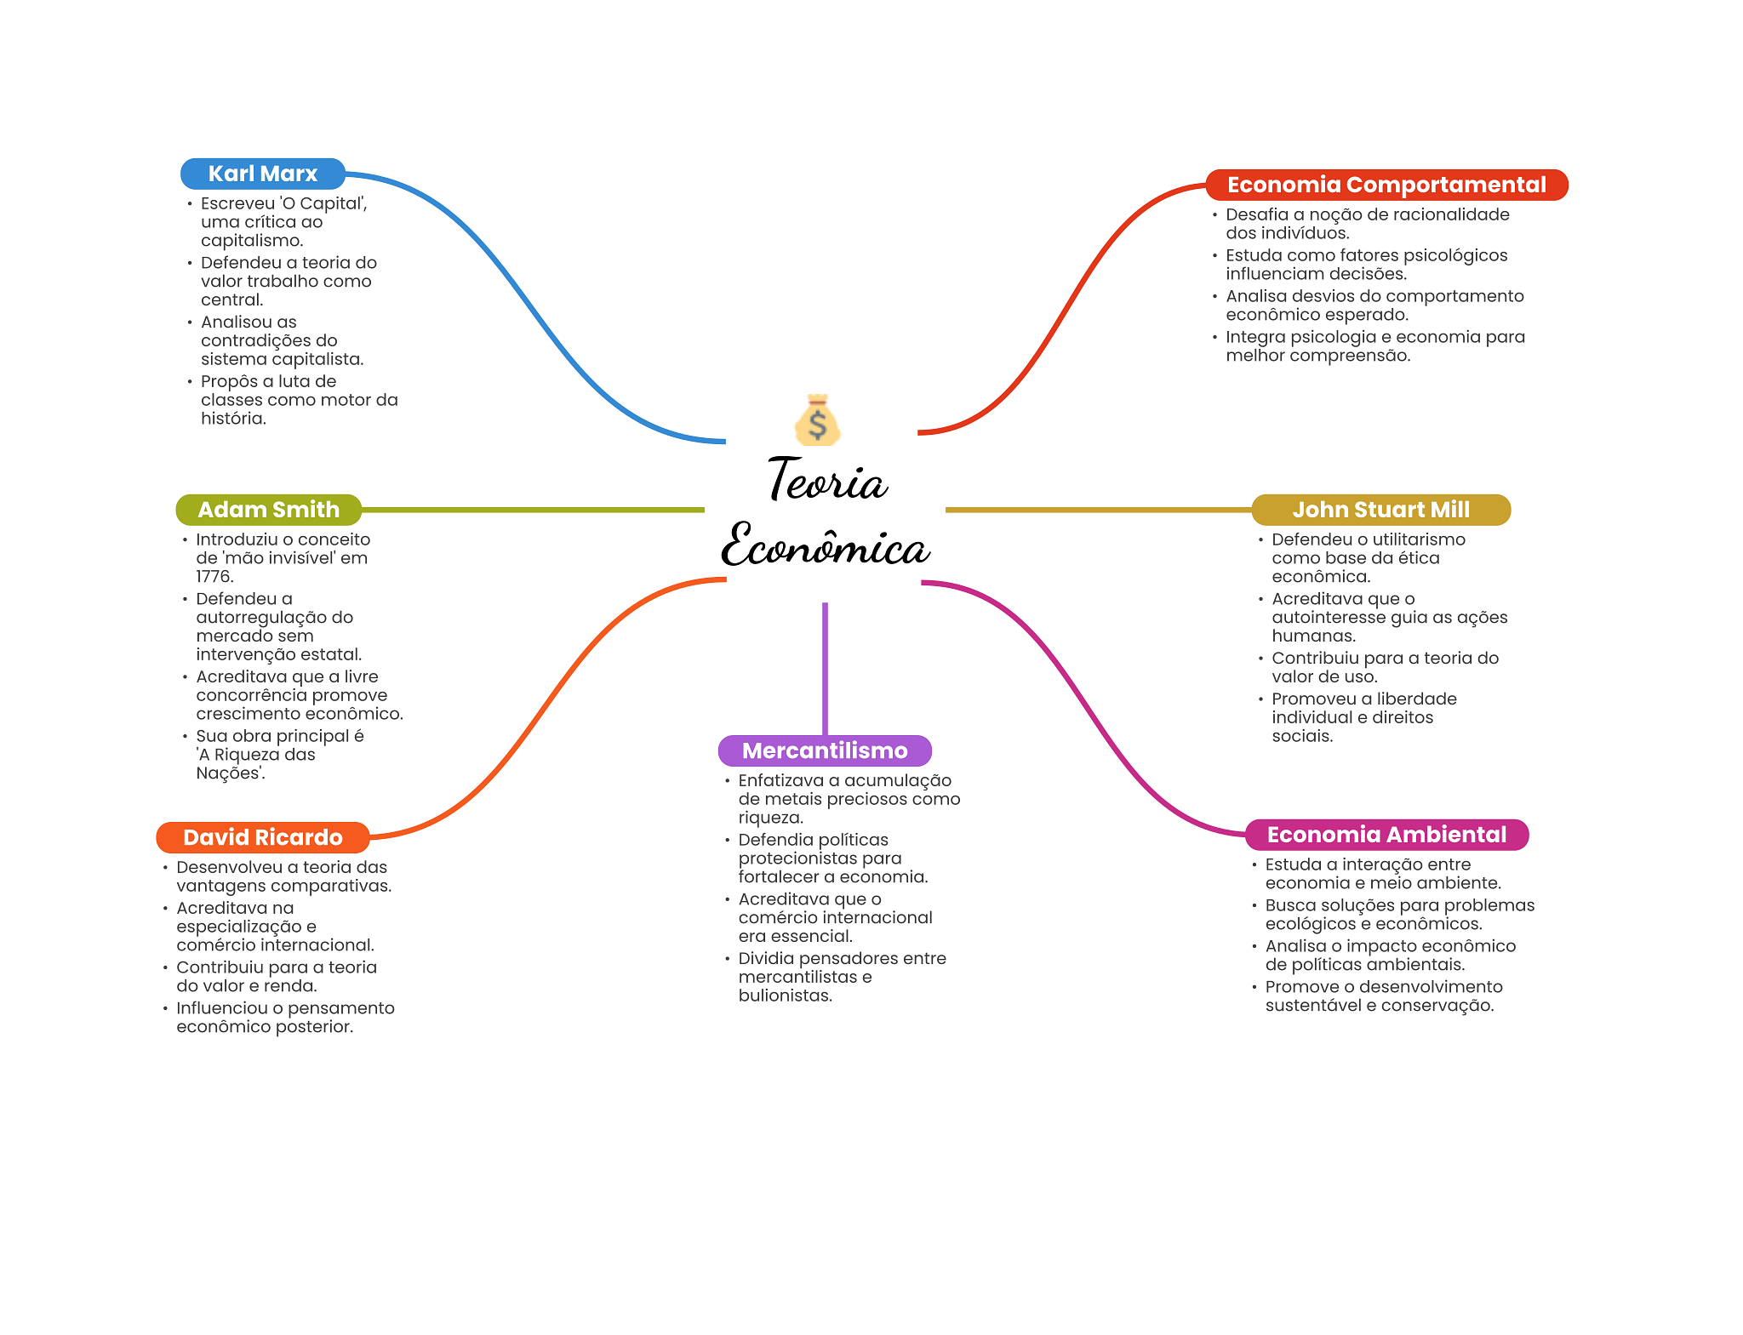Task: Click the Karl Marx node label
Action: click(x=262, y=174)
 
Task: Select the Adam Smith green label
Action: click(x=268, y=510)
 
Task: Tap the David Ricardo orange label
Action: click(x=262, y=837)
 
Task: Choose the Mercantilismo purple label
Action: click(x=825, y=750)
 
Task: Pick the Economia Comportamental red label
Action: click(x=1386, y=185)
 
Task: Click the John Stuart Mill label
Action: click(x=1380, y=510)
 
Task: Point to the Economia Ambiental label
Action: click(x=1386, y=835)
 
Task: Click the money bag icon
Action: click(x=818, y=420)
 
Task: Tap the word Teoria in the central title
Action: click(x=827, y=481)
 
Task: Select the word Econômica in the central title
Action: click(x=825, y=545)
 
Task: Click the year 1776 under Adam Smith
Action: click(x=214, y=577)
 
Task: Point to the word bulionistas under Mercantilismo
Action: click(x=785, y=996)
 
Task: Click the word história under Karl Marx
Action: click(x=233, y=419)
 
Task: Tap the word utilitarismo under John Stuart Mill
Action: click(x=1418, y=539)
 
